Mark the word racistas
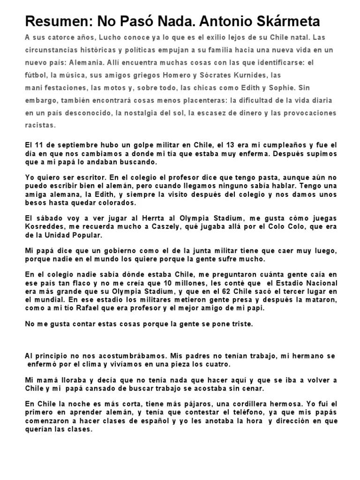40,125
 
